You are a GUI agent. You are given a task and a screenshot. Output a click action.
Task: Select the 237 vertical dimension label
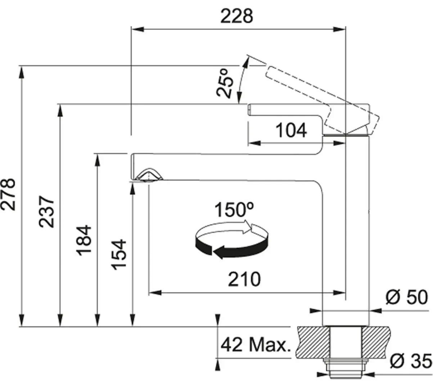tap(46, 211)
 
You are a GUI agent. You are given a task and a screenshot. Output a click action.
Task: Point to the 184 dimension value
tap(84, 241)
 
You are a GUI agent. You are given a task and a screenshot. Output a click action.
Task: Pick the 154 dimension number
tap(119, 254)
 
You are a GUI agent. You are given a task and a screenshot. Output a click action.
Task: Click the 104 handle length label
tap(291, 130)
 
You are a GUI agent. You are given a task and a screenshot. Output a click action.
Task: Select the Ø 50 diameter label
tap(407, 298)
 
